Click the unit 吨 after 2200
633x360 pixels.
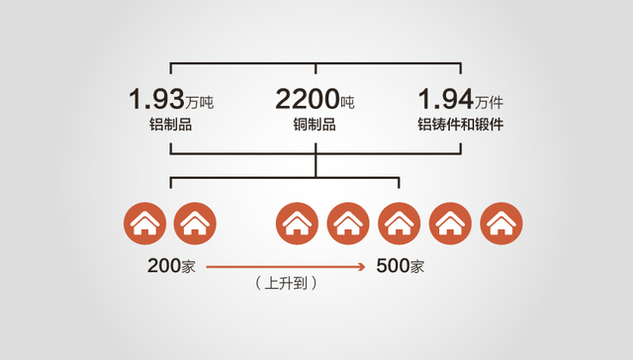click(346, 104)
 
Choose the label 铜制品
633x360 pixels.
click(316, 127)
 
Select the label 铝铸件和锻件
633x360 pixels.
click(461, 127)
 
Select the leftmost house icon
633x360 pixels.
click(144, 224)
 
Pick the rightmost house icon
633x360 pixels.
click(502, 224)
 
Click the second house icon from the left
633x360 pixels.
click(195, 224)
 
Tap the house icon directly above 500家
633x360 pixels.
click(400, 224)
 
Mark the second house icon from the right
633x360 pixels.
click(451, 224)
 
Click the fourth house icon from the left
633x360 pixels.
click(348, 224)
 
